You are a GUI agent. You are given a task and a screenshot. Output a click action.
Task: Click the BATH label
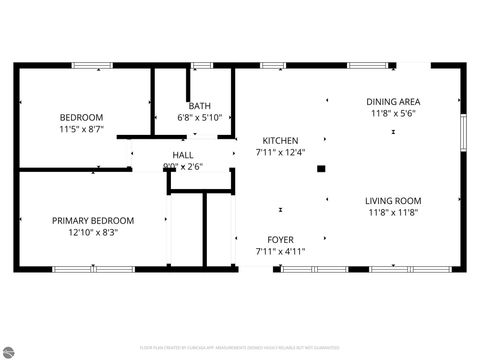199,105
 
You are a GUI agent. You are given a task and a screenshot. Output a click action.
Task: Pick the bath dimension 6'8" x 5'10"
199,117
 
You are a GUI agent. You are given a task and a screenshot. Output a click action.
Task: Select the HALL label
183,155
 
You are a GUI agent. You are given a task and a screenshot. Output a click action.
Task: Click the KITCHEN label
280,140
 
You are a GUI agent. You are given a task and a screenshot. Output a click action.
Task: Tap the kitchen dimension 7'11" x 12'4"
280,152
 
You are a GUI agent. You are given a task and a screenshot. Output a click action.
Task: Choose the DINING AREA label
394,102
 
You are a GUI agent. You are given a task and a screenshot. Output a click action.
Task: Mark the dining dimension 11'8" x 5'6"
394,114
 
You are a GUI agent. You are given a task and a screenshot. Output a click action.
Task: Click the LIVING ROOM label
393,200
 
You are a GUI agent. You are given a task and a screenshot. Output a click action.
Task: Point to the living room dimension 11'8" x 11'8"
393,212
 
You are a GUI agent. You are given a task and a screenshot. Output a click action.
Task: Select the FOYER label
280,240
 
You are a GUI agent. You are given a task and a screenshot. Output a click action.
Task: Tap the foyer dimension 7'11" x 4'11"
280,252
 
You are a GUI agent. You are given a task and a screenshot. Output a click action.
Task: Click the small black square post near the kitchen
320,168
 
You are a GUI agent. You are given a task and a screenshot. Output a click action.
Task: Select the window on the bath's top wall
203,66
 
